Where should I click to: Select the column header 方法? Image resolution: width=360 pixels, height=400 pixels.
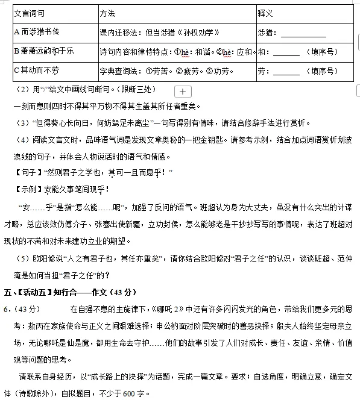pos(108,13)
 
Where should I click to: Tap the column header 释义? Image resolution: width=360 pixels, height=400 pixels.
pos(266,13)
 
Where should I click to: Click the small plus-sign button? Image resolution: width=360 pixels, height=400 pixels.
pos(183,92)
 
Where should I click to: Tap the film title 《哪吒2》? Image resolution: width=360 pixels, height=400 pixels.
pos(169,310)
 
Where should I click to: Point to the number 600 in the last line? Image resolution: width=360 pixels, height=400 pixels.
pos(128,394)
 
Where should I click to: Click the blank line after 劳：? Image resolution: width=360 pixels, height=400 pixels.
pos(286,72)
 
